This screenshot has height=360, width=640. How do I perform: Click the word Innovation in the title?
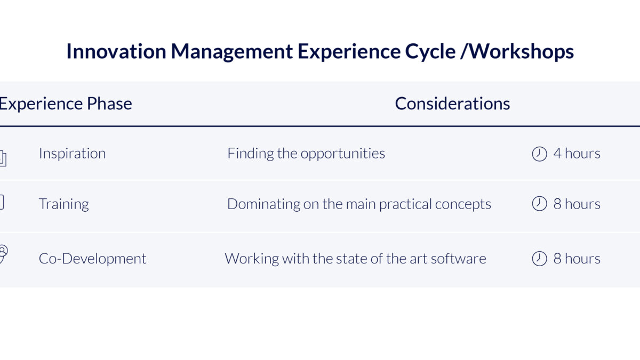click(x=116, y=51)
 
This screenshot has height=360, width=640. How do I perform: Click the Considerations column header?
click(x=452, y=103)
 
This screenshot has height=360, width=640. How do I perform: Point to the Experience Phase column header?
click(x=66, y=103)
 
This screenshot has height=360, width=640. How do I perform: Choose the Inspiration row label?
click(x=73, y=154)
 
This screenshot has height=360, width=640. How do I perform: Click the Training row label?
click(x=63, y=204)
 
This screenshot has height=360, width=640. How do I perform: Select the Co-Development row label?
click(x=93, y=259)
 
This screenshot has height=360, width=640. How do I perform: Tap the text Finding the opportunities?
click(x=306, y=154)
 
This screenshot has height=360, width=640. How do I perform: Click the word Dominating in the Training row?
click(x=263, y=204)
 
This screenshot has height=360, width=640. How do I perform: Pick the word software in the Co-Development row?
click(x=459, y=259)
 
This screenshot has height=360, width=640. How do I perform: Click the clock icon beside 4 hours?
click(x=539, y=154)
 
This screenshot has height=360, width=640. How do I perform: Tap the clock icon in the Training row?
click(x=539, y=204)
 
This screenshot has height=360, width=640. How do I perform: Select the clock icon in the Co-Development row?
click(x=539, y=258)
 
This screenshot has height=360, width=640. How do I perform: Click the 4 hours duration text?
click(x=577, y=154)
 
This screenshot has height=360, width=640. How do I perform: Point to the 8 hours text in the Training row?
click(x=577, y=204)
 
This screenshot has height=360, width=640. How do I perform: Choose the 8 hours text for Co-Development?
click(x=577, y=259)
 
